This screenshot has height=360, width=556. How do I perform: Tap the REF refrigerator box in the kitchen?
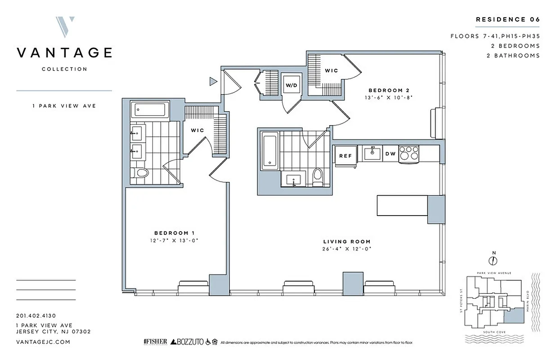[345, 155]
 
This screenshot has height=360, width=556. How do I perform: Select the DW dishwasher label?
[390, 154]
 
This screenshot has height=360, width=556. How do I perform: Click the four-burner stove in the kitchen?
[408, 153]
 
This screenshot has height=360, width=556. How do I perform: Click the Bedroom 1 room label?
[174, 233]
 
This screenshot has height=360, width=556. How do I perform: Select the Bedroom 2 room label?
[388, 89]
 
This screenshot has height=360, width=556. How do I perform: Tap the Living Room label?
[348, 242]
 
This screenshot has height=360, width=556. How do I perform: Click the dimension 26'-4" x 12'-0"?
[348, 249]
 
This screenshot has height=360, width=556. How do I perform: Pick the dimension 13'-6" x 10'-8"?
[389, 97]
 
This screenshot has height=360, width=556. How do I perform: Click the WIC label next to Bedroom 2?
[331, 71]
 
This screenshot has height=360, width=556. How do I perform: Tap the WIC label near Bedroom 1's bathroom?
[197, 130]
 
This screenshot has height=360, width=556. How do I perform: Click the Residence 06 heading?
[507, 19]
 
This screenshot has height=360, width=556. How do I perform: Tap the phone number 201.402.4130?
[36, 316]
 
